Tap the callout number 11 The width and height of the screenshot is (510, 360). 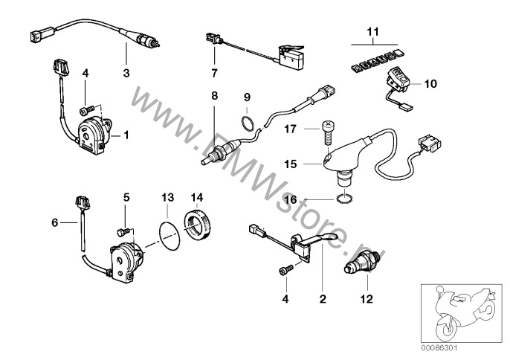click(372, 31)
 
